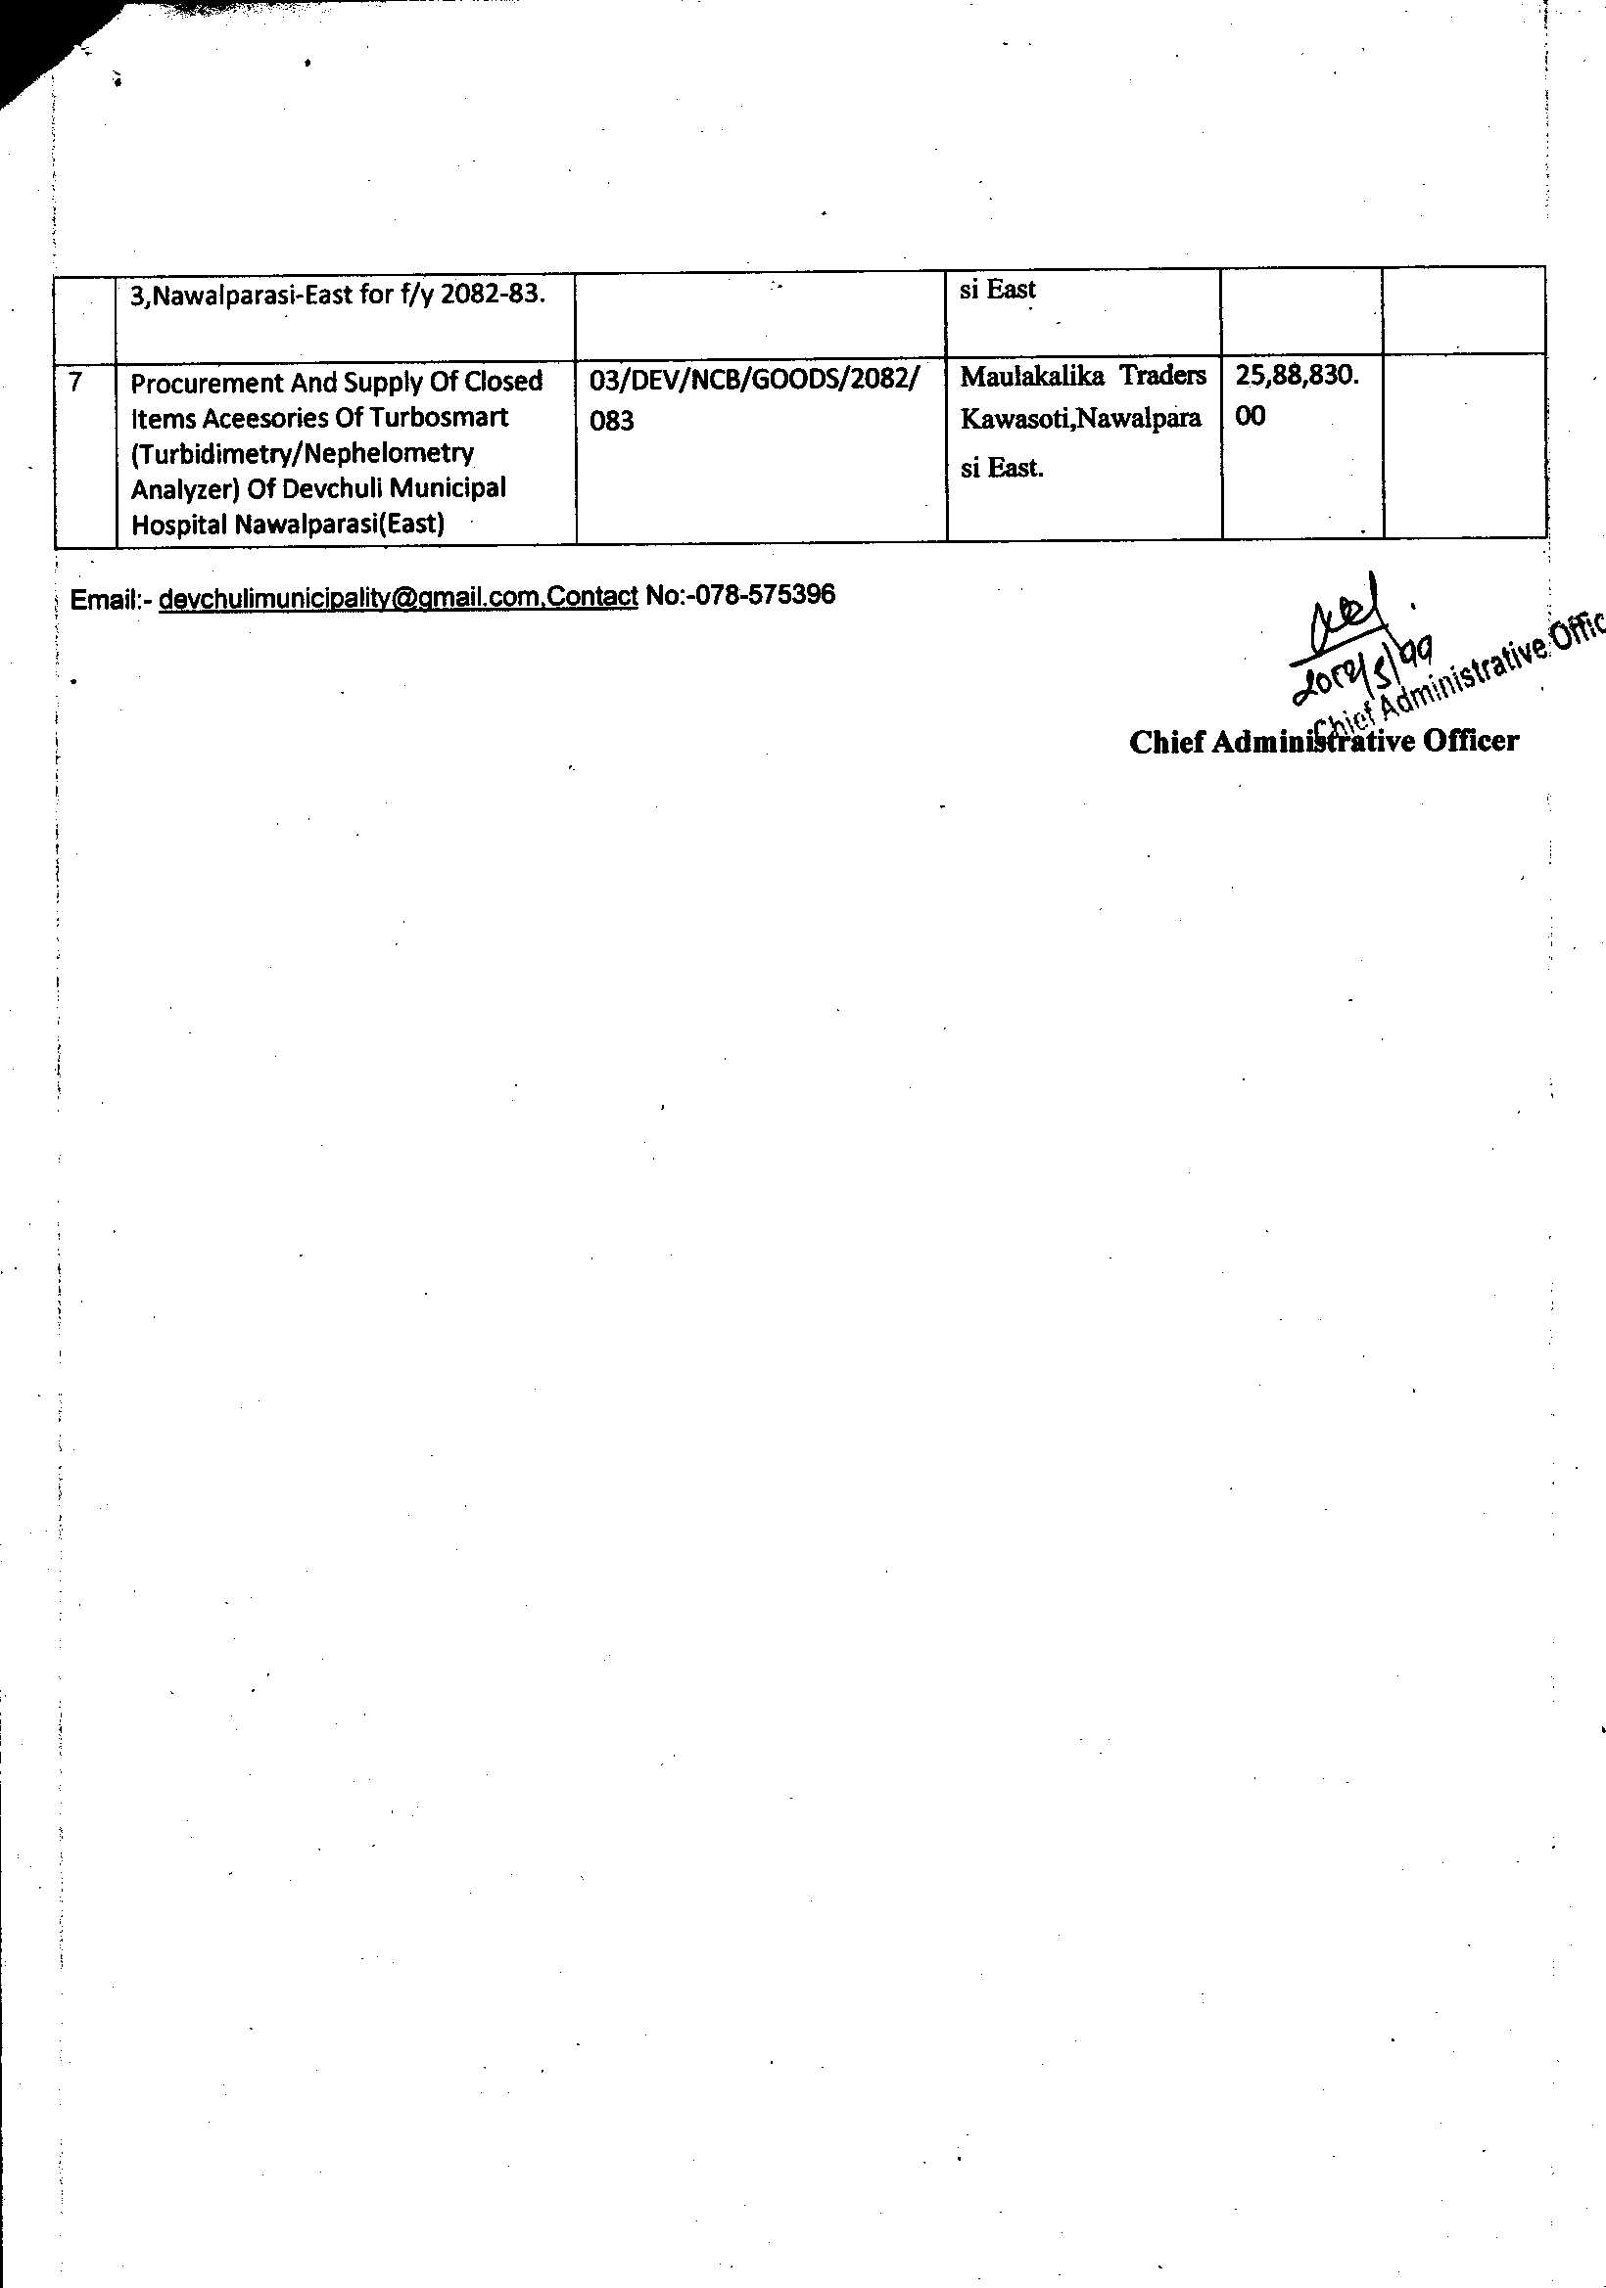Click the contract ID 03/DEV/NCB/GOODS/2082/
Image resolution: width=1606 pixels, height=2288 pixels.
[x=754, y=380]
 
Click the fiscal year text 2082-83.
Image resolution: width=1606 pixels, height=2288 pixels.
[x=493, y=296]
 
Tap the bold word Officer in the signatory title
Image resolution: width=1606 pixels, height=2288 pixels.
[x=1471, y=742]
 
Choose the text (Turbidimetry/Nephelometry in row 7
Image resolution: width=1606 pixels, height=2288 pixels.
[x=302, y=453]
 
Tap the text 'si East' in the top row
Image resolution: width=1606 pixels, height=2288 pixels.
[x=998, y=290]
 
